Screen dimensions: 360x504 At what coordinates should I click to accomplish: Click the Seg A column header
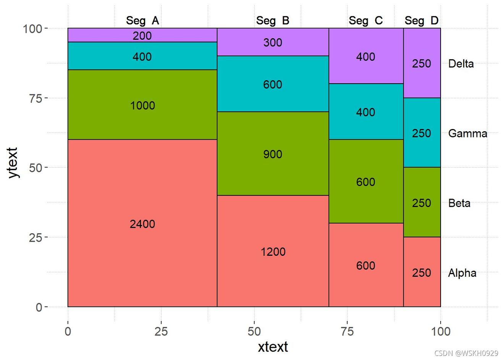[142, 21]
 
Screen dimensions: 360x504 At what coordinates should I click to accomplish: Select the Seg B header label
[273, 21]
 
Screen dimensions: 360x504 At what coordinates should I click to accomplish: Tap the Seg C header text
[365, 21]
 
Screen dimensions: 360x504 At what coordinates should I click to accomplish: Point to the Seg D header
[422, 21]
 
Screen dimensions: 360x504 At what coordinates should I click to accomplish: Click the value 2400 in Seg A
[142, 224]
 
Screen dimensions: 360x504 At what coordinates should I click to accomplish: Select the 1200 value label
[273, 252]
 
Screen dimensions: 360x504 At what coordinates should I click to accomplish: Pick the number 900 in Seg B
[273, 154]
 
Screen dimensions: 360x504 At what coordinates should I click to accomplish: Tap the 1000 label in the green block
[142, 106]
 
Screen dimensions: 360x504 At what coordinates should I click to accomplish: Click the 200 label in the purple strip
[142, 36]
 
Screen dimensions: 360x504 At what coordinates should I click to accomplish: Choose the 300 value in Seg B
[273, 42]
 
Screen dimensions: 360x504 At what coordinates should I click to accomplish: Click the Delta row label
[461, 64]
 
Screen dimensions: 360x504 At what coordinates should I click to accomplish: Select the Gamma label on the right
[467, 134]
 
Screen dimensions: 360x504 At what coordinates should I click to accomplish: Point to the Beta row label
[459, 203]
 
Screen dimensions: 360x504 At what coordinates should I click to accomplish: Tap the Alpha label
[462, 273]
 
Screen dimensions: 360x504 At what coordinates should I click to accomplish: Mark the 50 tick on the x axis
[254, 331]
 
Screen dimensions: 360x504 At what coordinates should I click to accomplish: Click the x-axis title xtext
[273, 347]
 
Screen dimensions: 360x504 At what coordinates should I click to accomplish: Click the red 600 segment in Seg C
[365, 265]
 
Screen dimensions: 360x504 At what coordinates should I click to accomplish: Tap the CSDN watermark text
[466, 354]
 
